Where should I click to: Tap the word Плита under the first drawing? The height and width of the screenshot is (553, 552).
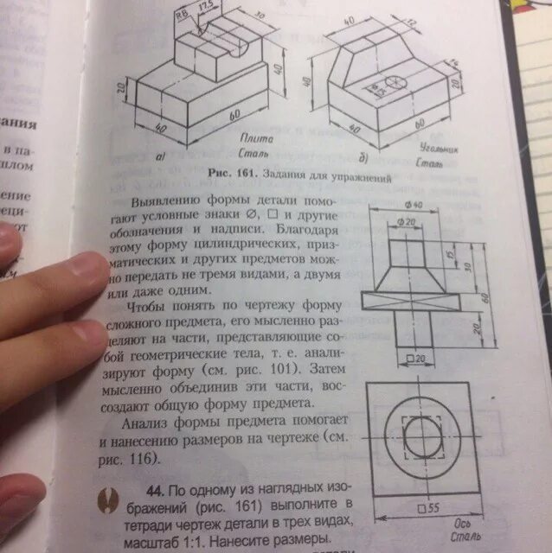pyautogui.click(x=258, y=138)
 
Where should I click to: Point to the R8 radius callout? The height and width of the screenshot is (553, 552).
pyautogui.click(x=182, y=13)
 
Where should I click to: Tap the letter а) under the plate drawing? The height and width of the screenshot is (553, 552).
pyautogui.click(x=161, y=158)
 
